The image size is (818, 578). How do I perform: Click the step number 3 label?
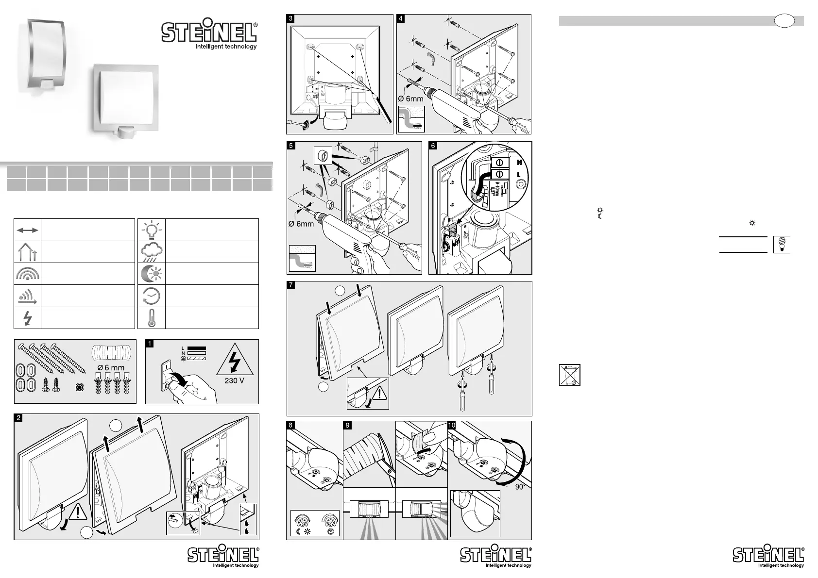coord(290,18)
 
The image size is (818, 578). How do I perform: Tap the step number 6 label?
coord(433,145)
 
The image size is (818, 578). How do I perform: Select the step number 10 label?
coord(451,426)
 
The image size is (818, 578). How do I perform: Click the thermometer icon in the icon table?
coord(152,318)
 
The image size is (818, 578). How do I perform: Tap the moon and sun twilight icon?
coord(152,274)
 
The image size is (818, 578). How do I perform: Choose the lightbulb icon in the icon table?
coord(152,229)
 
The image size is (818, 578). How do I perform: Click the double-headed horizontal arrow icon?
coord(28,230)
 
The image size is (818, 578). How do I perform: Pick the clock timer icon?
coord(152,296)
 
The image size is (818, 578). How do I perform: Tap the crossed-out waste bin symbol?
coord(570,375)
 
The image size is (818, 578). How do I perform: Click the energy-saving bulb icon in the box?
coord(782,244)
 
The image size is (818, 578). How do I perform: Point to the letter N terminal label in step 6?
coord(519,163)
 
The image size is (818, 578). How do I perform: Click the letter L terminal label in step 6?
coord(519,174)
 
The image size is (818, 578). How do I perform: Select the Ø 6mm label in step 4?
coord(410,99)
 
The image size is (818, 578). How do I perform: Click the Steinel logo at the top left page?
coord(209,34)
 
